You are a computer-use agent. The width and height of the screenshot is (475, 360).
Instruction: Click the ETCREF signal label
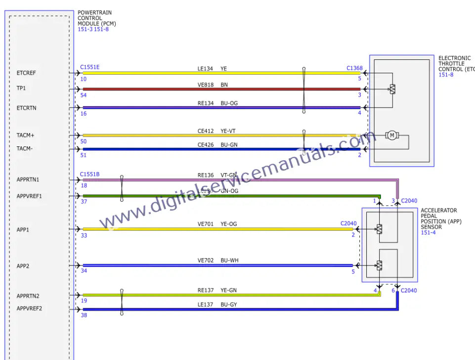coord(26,73)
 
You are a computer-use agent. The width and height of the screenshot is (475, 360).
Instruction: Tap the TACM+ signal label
coord(26,135)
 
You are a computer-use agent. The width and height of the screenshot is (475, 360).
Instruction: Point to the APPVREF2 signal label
coord(30,309)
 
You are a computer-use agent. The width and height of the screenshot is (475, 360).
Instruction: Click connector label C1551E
coord(89,67)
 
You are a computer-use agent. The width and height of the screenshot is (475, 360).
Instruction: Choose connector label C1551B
coord(89,174)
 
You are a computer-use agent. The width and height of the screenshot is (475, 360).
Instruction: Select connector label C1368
coord(354,68)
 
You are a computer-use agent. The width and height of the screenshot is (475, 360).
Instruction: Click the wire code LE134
coord(206,69)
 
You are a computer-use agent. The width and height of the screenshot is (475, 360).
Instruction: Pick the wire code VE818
coord(206,85)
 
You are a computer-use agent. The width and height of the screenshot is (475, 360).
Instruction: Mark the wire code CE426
coord(206,145)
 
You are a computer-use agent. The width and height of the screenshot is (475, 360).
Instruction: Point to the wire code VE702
coord(206,261)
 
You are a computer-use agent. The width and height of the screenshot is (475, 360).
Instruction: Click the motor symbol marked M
coord(392,135)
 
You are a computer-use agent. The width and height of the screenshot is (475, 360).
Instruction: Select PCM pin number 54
coord(84,95)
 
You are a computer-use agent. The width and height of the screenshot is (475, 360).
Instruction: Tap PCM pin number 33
coord(84,236)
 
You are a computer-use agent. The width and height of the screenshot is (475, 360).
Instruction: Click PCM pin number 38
coord(84,315)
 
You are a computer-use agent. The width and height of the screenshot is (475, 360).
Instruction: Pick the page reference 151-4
coord(429,233)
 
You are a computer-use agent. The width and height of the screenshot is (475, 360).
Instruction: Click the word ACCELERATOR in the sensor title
coord(439,211)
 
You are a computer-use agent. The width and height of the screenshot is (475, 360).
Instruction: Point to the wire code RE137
coord(206,290)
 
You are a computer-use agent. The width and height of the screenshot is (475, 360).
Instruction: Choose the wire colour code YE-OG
coord(229,224)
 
